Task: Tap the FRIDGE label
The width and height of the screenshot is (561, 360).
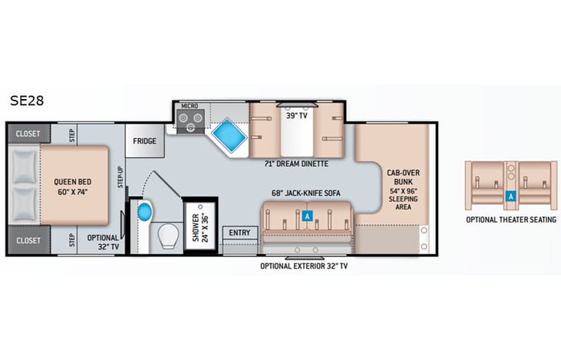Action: pyautogui.click(x=145, y=141)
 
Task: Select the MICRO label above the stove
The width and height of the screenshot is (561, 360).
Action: pyautogui.click(x=189, y=106)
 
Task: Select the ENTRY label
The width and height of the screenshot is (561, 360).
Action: pyautogui.click(x=239, y=233)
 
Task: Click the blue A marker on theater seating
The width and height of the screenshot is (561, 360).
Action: pyautogui.click(x=510, y=196)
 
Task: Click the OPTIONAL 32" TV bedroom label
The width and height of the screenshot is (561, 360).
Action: pyautogui.click(x=104, y=243)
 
